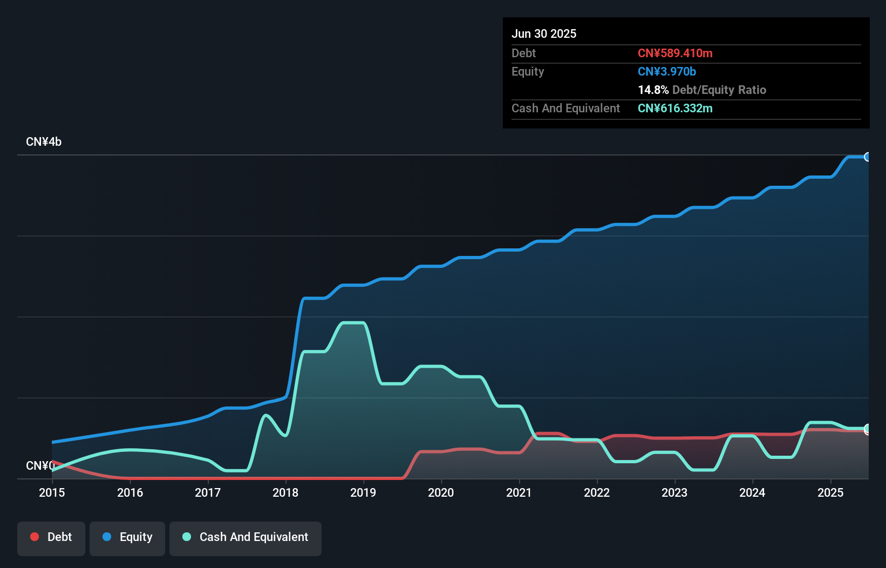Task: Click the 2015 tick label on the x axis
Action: (x=52, y=492)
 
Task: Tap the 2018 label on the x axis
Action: (x=285, y=492)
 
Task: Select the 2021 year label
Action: (x=519, y=492)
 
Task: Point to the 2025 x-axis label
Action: (x=830, y=492)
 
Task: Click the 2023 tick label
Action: (x=674, y=492)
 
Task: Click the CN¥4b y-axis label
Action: (x=44, y=142)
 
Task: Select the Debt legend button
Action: (x=51, y=537)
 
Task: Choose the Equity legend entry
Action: (x=127, y=537)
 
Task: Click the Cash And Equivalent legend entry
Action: (x=246, y=537)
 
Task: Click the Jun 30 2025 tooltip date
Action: (x=544, y=33)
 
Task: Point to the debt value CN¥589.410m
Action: (x=675, y=53)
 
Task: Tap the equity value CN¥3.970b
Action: (x=667, y=71)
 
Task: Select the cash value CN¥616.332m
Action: (x=675, y=108)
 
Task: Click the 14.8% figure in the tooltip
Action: (x=653, y=90)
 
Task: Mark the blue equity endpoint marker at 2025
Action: (x=867, y=157)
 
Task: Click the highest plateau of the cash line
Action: (x=353, y=323)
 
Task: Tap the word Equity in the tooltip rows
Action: (x=528, y=71)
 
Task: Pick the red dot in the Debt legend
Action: (x=35, y=537)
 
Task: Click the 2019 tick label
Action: (x=363, y=492)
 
